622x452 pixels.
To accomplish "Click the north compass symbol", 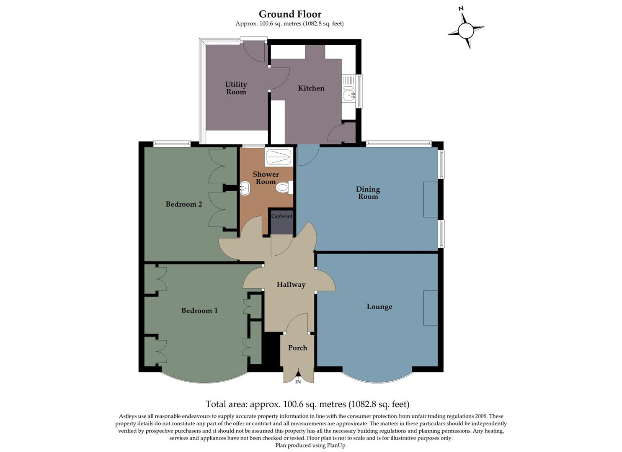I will point(466,30).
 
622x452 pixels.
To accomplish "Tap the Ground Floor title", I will point(290,14).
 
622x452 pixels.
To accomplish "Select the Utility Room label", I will point(236,88).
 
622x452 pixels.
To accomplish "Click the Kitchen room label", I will point(311,88).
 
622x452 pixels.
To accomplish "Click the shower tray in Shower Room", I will point(278,157).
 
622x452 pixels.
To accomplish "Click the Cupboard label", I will point(281,216).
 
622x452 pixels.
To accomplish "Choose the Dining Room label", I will point(368,193).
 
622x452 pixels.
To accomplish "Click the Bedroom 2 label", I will point(184,204).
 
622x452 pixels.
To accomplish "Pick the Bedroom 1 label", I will point(199,311).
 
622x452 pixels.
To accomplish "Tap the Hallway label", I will point(291,285).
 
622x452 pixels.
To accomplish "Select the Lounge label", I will point(379,307).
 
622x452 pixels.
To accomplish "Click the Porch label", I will point(297,348).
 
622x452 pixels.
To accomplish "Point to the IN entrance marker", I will point(298,382).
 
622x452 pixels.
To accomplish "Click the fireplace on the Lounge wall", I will point(430,308).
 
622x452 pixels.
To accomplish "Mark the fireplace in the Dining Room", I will point(430,199).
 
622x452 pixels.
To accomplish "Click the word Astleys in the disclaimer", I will point(128,416).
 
